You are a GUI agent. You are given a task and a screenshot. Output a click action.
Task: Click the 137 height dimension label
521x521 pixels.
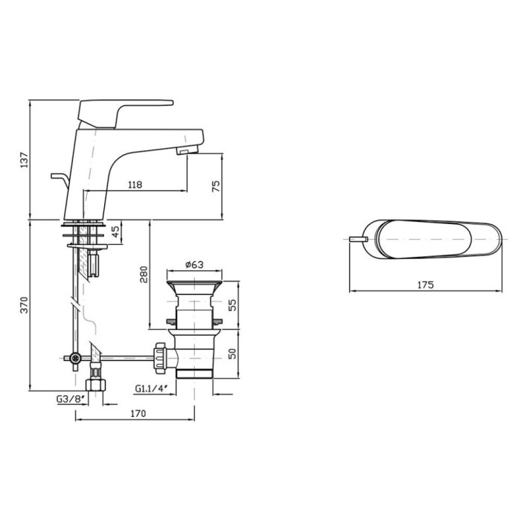[25, 160]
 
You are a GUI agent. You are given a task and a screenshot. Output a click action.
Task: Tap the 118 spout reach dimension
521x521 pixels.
[135, 185]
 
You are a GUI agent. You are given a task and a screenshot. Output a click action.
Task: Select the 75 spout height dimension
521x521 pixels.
[216, 186]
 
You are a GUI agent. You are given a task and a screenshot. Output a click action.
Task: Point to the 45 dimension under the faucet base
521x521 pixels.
[115, 231]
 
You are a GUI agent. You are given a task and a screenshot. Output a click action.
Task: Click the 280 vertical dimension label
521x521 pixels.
[144, 274]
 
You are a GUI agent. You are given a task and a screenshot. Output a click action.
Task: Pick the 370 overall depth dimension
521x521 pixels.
[25, 304]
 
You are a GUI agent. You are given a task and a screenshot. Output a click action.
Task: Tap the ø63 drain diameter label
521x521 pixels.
[194, 264]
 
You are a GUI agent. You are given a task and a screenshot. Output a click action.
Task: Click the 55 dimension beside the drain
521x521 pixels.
[233, 304]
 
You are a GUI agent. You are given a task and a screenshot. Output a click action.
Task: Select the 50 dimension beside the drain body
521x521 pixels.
[233, 354]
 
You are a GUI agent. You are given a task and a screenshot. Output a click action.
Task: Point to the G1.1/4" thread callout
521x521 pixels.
[150, 388]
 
